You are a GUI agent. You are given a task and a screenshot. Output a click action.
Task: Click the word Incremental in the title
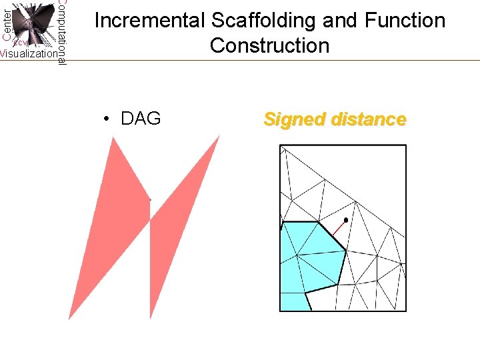[x=150, y=21]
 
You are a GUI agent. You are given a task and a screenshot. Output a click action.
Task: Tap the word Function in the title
[x=405, y=21]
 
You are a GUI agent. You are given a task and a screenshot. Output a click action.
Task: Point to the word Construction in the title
[x=269, y=45]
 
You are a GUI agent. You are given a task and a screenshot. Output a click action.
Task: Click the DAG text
[x=141, y=119]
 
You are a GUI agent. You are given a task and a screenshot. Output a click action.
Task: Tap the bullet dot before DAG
[x=107, y=119]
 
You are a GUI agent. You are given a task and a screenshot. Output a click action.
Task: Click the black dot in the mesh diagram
[x=345, y=220]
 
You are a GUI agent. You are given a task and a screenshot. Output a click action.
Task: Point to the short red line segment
[x=338, y=229]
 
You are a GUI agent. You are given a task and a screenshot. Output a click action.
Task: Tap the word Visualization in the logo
[x=28, y=54]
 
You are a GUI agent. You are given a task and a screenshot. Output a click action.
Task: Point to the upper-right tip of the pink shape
[x=219, y=136]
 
